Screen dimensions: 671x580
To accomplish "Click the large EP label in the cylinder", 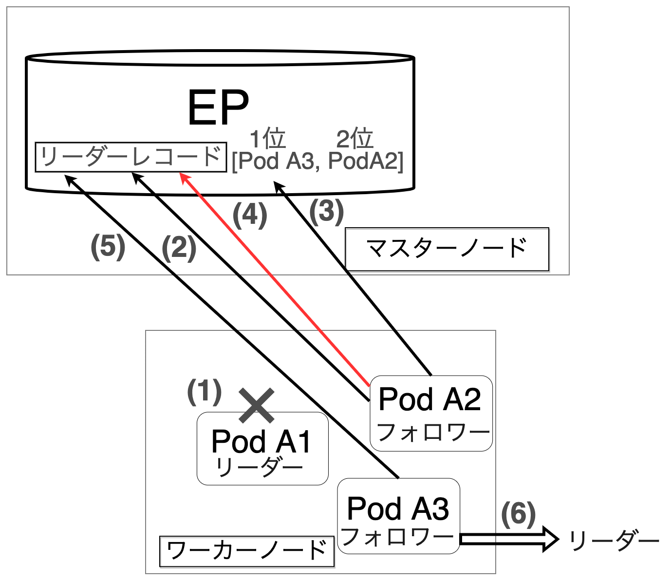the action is [218, 108].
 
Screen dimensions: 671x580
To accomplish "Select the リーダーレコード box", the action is [131, 157].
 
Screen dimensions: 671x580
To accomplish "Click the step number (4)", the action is [250, 216].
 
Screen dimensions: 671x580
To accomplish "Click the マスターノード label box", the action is [447, 249].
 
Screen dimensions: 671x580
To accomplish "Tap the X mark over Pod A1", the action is [257, 405].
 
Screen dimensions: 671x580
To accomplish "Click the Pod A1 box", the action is [262, 449].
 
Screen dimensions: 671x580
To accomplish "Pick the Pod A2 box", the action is [431, 413].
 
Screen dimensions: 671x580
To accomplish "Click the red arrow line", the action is [275, 279].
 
